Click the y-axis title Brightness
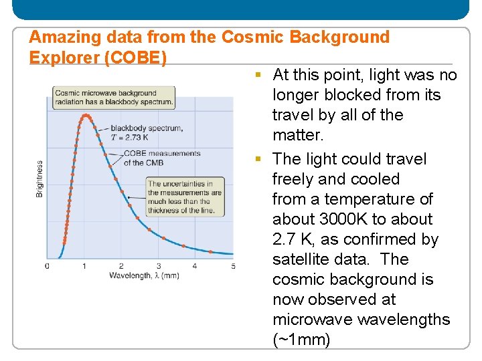coord(40,178)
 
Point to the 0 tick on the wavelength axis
coord(47,266)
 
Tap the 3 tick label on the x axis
coord(159,266)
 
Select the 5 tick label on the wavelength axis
coord(233,266)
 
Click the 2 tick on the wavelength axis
coord(121,266)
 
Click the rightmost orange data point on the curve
coord(211,252)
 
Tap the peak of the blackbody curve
coord(85,116)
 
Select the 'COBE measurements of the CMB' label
coord(161,158)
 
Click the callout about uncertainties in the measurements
coord(185,197)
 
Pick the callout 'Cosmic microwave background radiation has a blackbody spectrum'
coord(114,98)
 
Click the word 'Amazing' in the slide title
coord(58,37)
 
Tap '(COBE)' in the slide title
coord(136,58)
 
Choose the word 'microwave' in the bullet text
coord(312,320)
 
